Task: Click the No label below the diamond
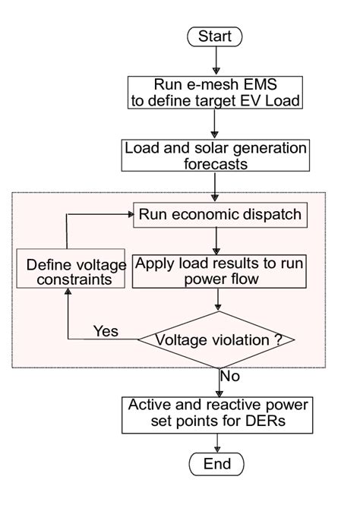[x=229, y=376]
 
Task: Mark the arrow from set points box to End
[x=218, y=440]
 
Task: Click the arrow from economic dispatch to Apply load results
[x=218, y=240]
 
